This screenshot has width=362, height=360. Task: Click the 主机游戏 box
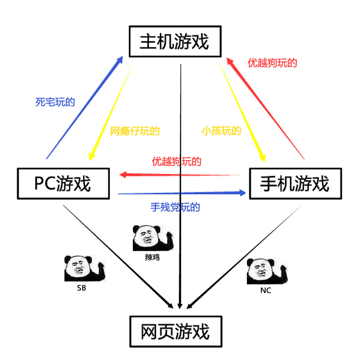175,41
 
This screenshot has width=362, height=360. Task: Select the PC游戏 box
63,183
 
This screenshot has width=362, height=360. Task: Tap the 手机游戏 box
295,183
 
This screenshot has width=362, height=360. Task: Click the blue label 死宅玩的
55,102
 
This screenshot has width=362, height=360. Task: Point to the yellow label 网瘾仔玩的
135,131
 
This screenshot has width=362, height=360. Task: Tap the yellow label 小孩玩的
221,131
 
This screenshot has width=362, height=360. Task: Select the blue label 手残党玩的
175,207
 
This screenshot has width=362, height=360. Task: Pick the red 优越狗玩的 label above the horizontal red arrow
176,161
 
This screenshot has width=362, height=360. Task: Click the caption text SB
81,288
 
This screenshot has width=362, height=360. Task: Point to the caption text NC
265,291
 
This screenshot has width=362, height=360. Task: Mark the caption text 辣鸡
152,258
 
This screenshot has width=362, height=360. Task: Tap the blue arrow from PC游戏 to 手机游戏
181,194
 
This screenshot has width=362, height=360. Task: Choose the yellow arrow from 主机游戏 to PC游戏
110,112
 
